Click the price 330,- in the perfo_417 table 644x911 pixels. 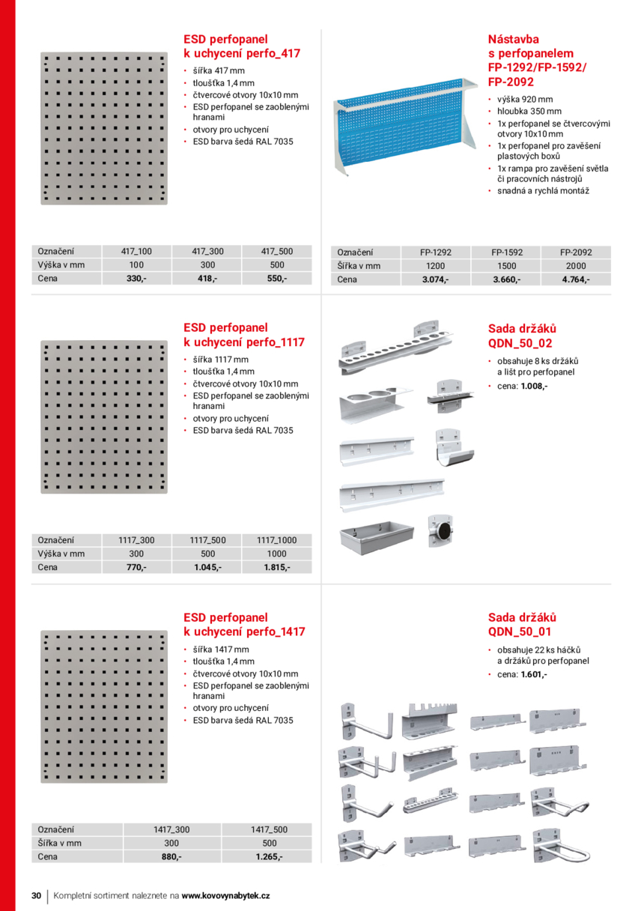click(136, 279)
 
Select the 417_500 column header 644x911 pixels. click(276, 252)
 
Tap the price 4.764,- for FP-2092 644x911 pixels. click(576, 279)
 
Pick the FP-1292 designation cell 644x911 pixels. click(435, 252)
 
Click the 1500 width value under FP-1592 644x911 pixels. click(505, 266)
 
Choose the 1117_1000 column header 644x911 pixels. click(276, 539)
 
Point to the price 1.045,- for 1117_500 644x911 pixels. click(207, 567)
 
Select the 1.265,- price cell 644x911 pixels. click(269, 856)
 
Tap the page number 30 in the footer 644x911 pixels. click(36, 896)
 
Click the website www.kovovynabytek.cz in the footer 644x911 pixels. click(226, 896)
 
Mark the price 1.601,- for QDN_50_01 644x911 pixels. click(534, 674)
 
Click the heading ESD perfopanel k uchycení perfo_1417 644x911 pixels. click(244, 624)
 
